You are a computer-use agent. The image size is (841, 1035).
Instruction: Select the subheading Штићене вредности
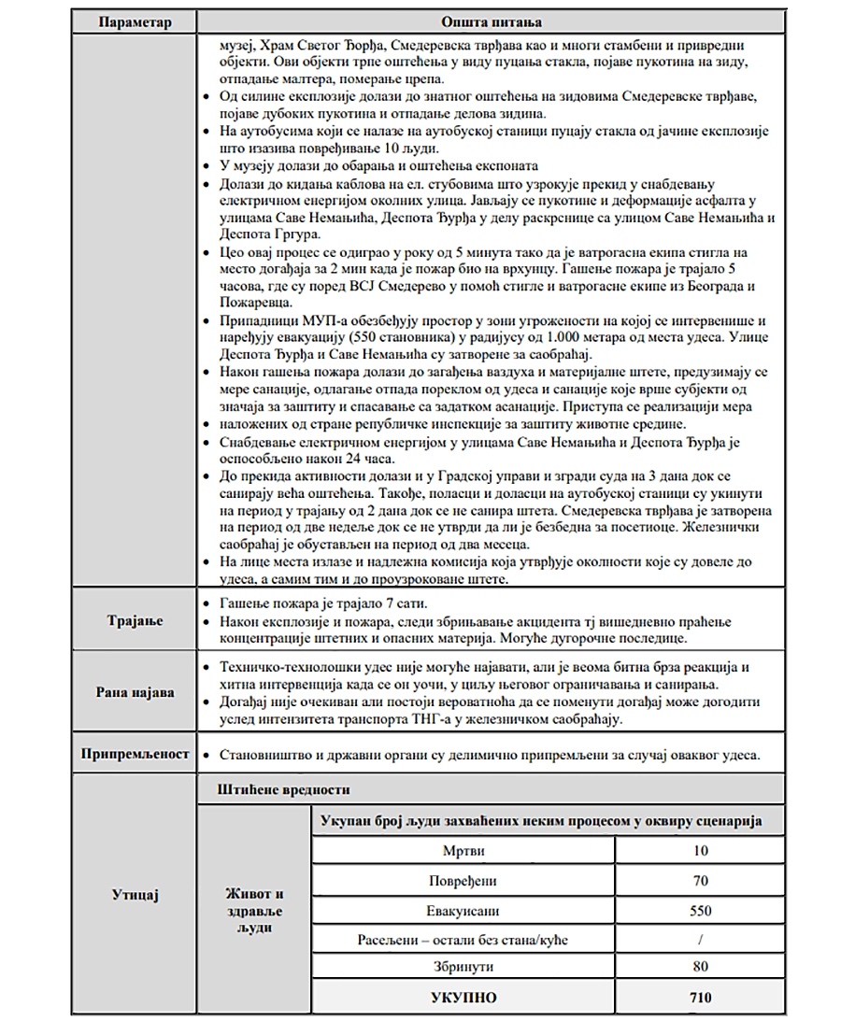coord(283,789)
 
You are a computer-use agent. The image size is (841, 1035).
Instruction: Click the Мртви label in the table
coord(463,850)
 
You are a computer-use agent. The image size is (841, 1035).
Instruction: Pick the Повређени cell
coord(463,880)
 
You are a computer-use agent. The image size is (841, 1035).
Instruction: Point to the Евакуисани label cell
coord(463,910)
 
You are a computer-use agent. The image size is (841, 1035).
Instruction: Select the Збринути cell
coord(463,967)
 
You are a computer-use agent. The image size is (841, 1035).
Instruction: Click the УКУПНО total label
coord(463,998)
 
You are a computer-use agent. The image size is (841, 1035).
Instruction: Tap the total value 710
coord(700,998)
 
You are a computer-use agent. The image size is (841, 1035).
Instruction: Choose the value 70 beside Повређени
coord(700,880)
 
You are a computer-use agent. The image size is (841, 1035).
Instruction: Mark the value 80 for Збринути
coord(700,967)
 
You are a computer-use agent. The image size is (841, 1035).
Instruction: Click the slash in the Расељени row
coord(700,939)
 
